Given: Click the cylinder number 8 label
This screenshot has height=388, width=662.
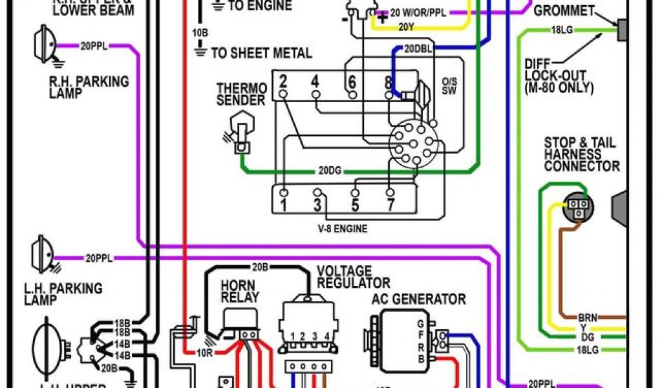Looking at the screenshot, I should [388, 82].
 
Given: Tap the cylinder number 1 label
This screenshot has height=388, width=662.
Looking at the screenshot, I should [283, 206].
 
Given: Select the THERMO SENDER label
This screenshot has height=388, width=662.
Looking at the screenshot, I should [241, 94].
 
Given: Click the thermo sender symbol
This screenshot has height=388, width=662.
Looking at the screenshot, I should [240, 129].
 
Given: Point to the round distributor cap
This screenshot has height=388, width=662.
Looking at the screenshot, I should [412, 144].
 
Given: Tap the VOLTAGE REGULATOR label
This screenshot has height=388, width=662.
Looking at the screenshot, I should [353, 277].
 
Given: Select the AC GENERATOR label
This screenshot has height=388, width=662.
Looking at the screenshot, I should [418, 299].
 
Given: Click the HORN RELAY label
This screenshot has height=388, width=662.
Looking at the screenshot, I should [239, 291].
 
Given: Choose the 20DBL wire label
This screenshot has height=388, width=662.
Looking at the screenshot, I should [418, 48].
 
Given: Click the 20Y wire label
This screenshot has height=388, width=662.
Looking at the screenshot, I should [405, 27].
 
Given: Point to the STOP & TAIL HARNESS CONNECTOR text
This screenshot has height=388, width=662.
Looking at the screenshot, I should [581, 155].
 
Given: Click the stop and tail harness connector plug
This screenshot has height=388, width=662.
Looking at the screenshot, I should [578, 206].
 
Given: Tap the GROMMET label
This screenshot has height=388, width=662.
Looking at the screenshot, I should [564, 11].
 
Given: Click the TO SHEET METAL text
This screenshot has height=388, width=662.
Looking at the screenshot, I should [261, 53].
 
